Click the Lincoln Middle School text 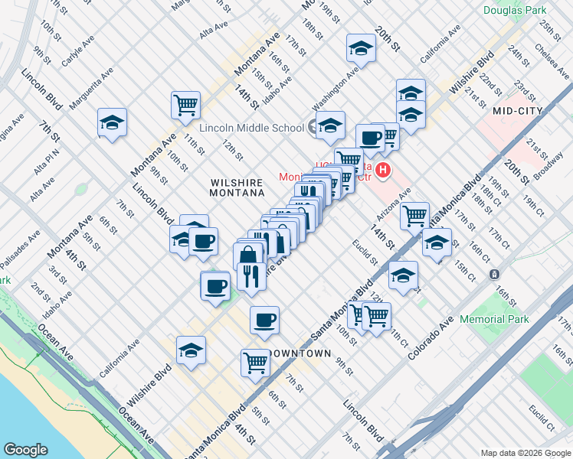tap(252, 128)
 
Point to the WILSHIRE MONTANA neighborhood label tap(237, 190)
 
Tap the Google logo tap(25, 449)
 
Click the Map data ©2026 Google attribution tap(525, 452)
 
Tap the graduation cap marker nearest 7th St tap(113, 122)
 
